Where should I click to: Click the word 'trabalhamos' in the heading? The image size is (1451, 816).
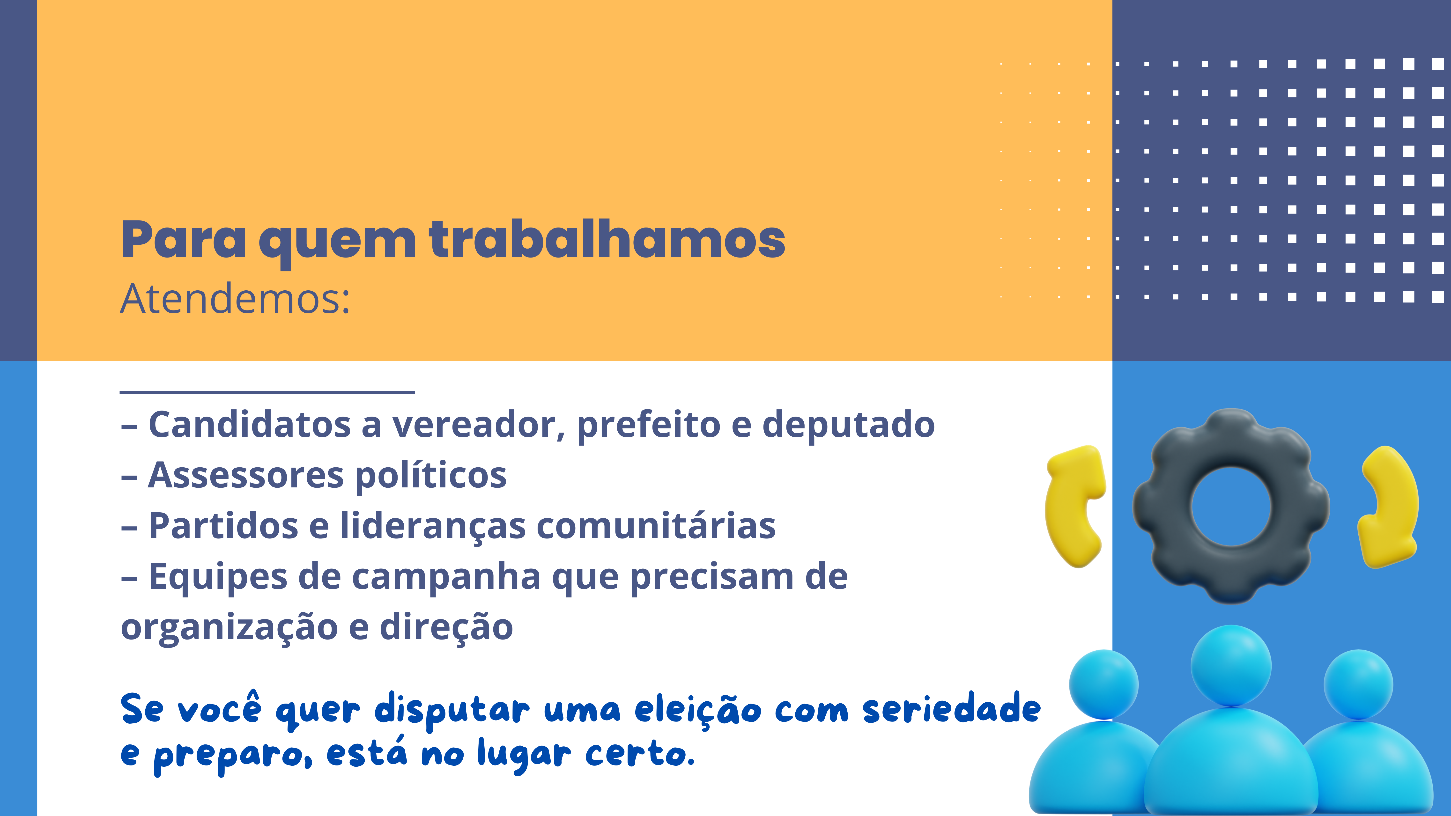(607, 239)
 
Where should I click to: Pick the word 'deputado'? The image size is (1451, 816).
(848, 425)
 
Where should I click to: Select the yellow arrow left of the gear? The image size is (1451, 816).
(1073, 507)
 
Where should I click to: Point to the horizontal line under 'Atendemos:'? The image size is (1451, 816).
(267, 391)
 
